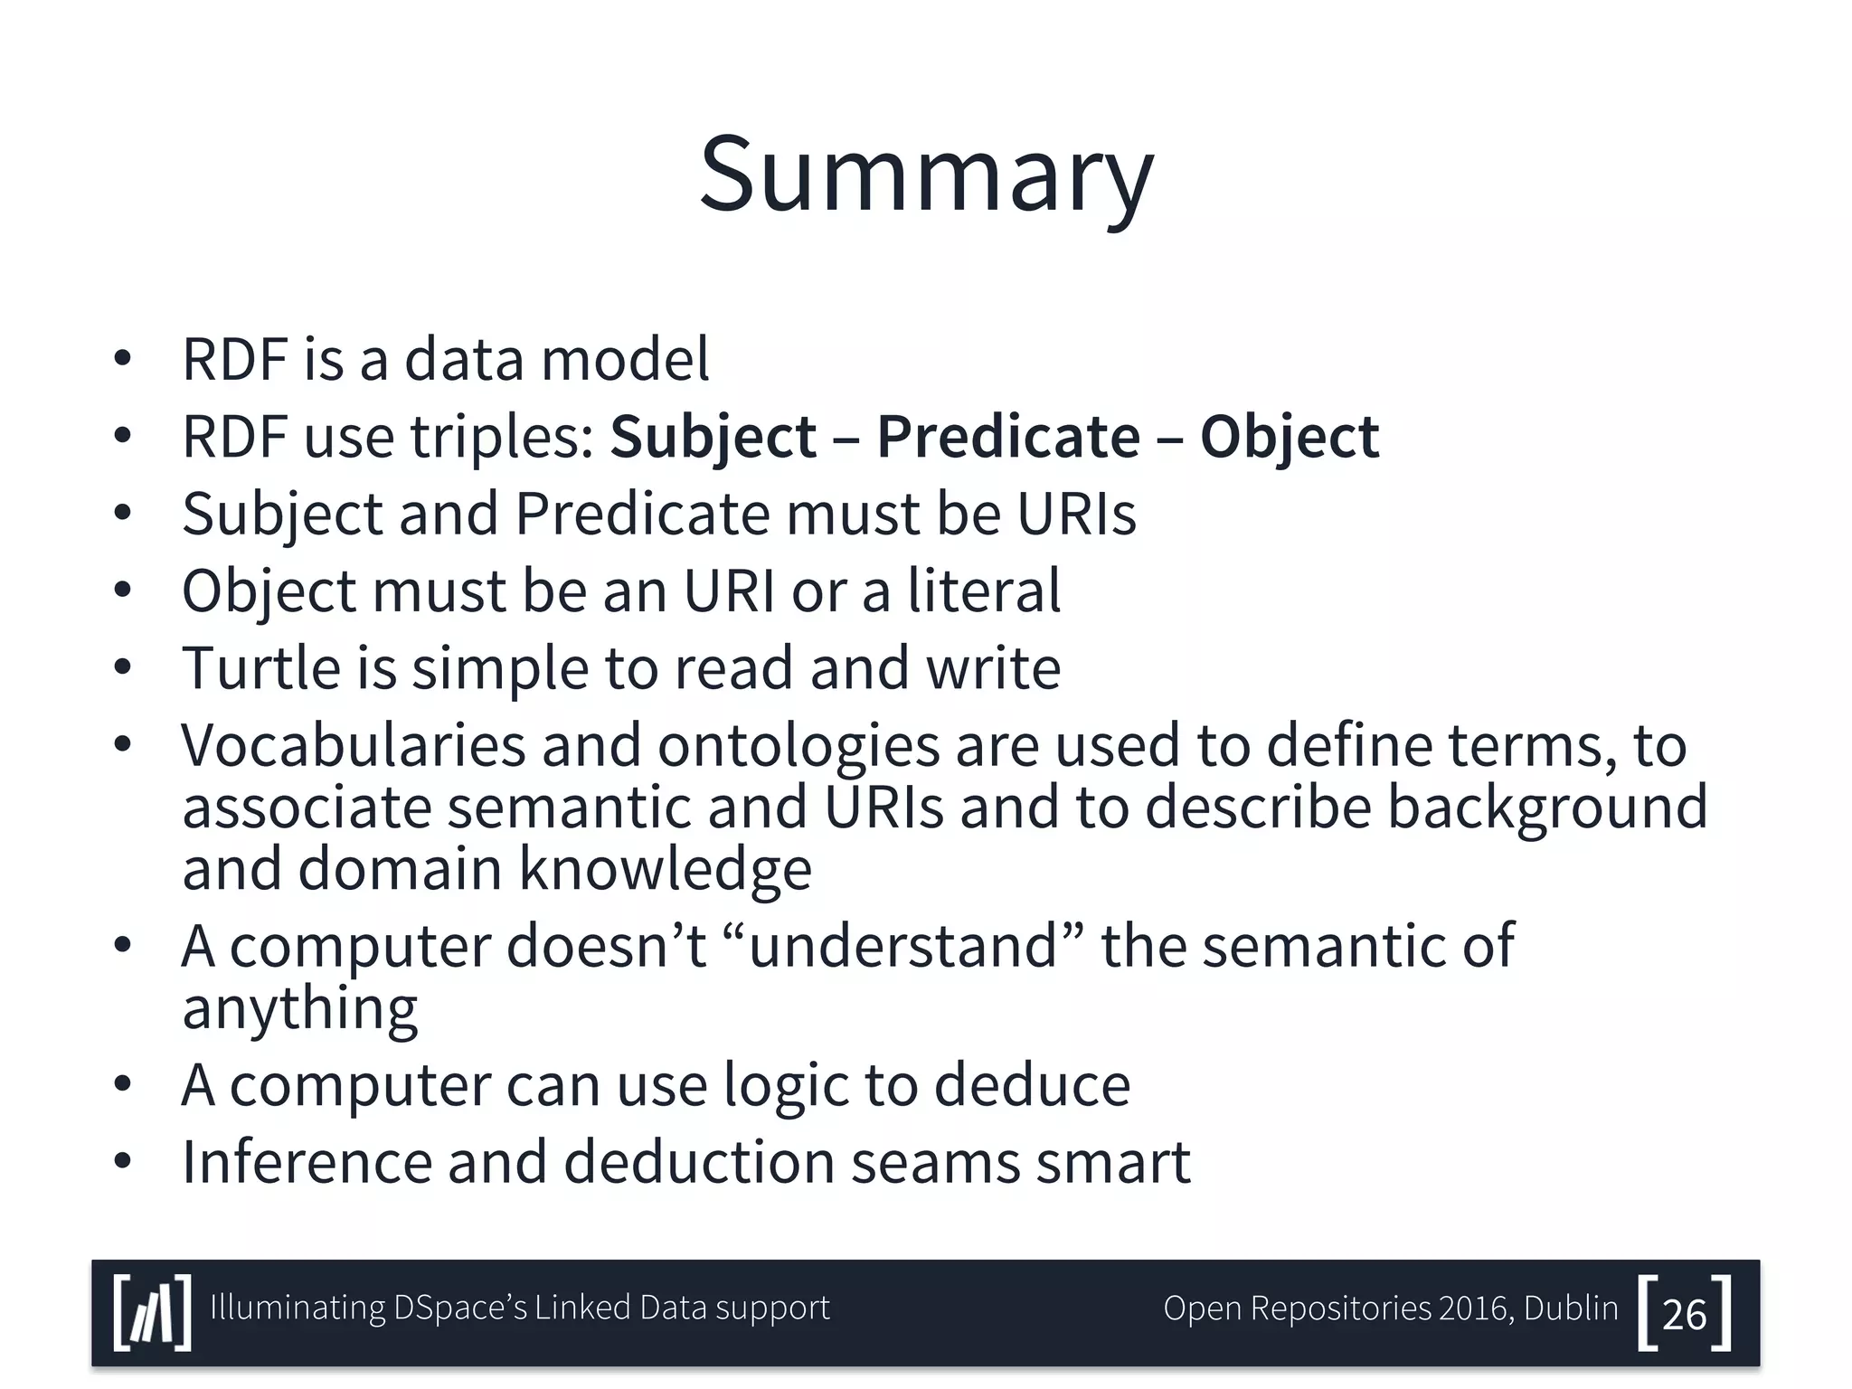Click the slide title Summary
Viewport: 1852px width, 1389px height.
click(x=926, y=174)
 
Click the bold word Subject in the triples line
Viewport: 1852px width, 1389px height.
click(x=713, y=438)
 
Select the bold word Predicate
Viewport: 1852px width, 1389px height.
click(x=1008, y=438)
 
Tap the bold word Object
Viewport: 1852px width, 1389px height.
click(x=1290, y=438)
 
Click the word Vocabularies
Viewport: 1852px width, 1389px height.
click(x=354, y=746)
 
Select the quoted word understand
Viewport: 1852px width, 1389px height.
click(x=902, y=946)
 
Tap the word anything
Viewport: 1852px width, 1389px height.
click(x=299, y=1009)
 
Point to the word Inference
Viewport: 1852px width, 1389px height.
click(x=307, y=1162)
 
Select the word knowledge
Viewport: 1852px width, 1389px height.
click(x=665, y=870)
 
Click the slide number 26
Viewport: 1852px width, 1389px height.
click(x=1684, y=1314)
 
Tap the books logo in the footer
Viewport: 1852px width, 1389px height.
click(x=153, y=1313)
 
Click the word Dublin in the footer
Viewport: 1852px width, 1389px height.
click(x=1571, y=1309)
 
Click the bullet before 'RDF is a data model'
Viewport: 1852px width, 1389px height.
click(x=123, y=360)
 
